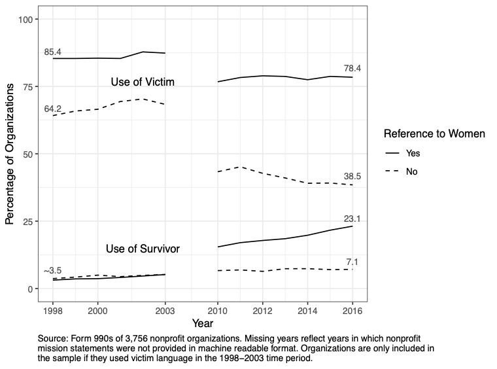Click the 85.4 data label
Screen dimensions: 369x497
click(x=53, y=52)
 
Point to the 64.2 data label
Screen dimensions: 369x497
click(x=53, y=109)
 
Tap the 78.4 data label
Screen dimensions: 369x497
click(x=352, y=68)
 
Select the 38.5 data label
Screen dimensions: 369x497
click(x=352, y=176)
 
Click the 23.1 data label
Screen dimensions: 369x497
click(x=352, y=219)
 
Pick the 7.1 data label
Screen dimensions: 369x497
click(x=352, y=262)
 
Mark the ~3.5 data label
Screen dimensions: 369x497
click(x=53, y=271)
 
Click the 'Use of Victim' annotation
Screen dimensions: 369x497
click(x=142, y=82)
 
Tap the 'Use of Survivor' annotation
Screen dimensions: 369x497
click(x=143, y=249)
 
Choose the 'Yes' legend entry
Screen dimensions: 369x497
click(x=413, y=153)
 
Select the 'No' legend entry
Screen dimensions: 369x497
click(x=411, y=171)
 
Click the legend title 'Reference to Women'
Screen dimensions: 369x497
click(x=434, y=133)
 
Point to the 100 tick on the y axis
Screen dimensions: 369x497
click(x=26, y=20)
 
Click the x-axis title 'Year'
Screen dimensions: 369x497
click(x=202, y=323)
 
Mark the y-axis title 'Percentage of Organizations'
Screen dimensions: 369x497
click(x=10, y=154)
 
